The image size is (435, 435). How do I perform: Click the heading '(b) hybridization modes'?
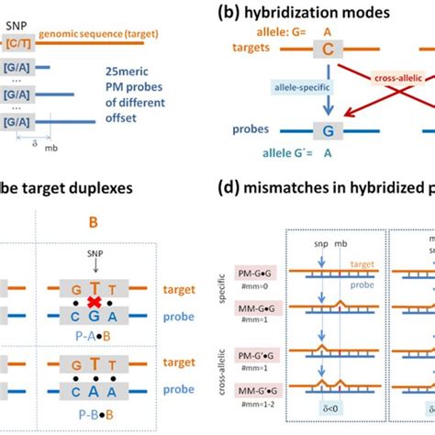tap(313, 12)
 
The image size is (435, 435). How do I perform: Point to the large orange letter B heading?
tap(93, 220)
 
